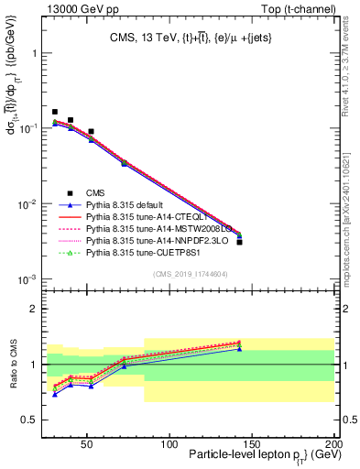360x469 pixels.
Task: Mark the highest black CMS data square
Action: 55,112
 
